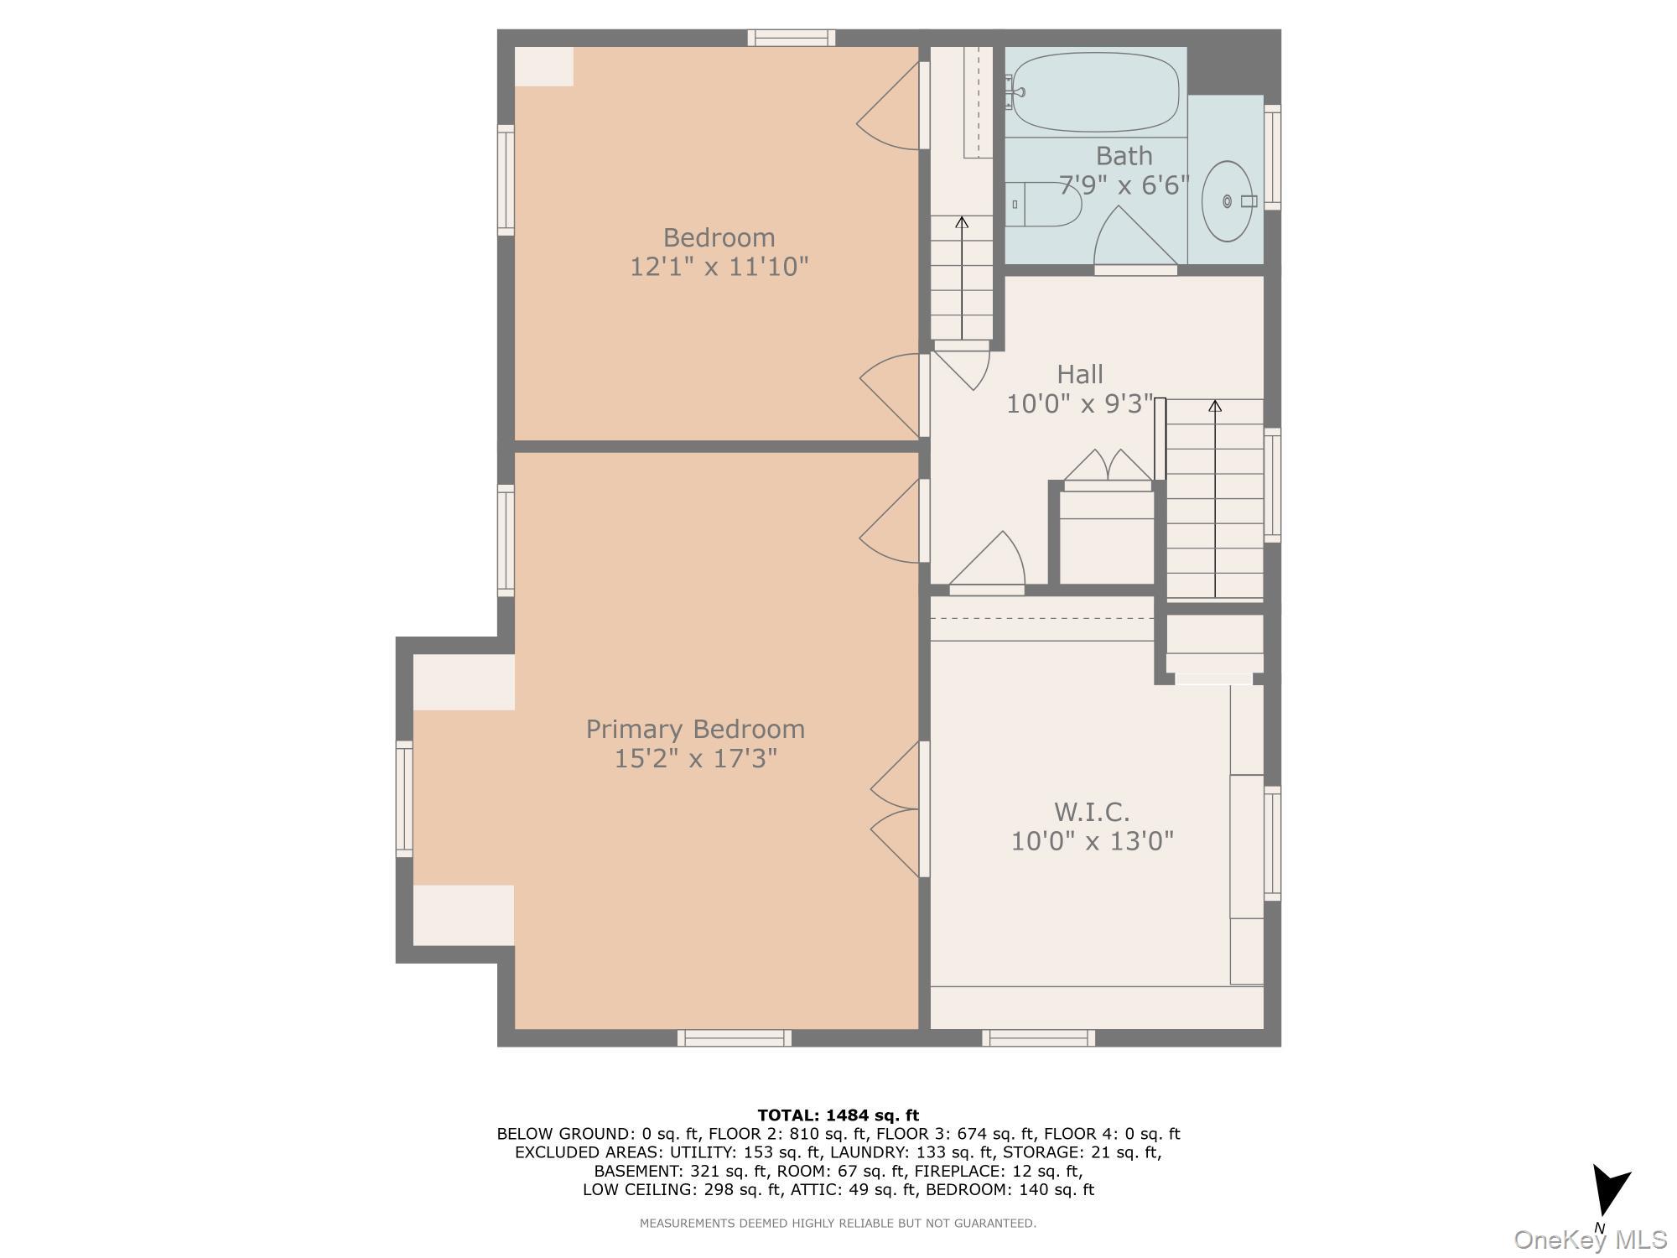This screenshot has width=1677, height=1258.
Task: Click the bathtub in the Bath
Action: click(x=1096, y=91)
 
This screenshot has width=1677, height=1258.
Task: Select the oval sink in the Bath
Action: click(x=1228, y=201)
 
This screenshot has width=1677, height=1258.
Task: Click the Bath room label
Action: click(x=1124, y=156)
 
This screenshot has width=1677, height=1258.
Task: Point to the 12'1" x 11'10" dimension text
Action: click(x=719, y=268)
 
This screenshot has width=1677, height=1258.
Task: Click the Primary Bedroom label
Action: click(x=695, y=729)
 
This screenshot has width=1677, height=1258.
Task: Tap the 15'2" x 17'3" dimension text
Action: click(x=695, y=759)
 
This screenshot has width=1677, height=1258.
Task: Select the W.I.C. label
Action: click(x=1092, y=812)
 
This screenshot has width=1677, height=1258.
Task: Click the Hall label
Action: click(x=1079, y=374)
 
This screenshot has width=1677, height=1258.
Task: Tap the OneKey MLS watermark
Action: click(x=1590, y=1240)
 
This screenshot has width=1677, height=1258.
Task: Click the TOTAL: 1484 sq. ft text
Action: click(x=838, y=1115)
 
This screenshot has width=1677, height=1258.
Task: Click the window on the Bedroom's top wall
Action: click(x=791, y=38)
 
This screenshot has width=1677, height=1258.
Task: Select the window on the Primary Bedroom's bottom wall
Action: click(x=734, y=1038)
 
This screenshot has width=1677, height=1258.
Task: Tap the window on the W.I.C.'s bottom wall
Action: click(x=1038, y=1038)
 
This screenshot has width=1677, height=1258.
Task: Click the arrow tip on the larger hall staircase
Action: click(x=1214, y=406)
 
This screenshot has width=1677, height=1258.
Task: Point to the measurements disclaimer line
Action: click(x=838, y=1224)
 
